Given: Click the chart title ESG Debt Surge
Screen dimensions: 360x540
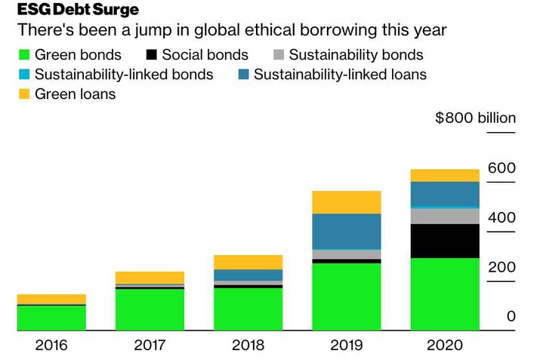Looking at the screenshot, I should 78,11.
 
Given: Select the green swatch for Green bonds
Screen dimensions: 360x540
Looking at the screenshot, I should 23,55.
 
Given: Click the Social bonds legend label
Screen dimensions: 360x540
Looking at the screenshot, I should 205,55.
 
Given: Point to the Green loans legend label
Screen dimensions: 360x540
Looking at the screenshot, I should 75,94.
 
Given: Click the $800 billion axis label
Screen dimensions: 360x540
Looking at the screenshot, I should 476,118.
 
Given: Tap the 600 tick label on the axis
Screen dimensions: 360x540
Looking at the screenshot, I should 501,168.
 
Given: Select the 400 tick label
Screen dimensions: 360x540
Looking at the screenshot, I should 501,218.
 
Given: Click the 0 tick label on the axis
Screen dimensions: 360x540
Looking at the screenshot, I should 511,316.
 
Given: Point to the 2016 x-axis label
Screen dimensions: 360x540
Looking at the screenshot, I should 51,346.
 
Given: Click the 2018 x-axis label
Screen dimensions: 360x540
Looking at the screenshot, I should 248,346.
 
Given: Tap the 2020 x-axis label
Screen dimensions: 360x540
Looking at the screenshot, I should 445,346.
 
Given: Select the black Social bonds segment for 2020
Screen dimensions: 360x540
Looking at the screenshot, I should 445,241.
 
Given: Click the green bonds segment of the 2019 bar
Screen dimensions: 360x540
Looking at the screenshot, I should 347,297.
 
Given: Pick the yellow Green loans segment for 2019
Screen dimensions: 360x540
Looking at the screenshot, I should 347,202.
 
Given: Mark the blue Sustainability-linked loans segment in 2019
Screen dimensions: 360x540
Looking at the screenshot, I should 347,231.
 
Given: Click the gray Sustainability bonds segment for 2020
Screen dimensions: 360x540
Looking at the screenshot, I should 445,217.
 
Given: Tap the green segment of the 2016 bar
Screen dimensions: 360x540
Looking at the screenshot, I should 51,318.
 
